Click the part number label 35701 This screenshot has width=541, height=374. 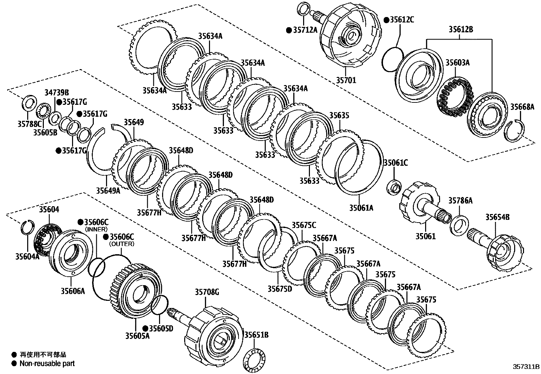(x=346, y=80)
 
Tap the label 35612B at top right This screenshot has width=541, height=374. (x=460, y=30)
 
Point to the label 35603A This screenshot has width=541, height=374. (x=457, y=63)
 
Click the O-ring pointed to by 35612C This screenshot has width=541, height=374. (x=392, y=60)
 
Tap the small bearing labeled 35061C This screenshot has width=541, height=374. (x=394, y=187)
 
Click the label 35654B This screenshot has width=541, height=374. (x=497, y=217)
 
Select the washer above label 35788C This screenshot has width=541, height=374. (x=29, y=102)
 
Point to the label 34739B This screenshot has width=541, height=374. (x=57, y=92)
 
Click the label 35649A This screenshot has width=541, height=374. (x=108, y=191)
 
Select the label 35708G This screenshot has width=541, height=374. (x=207, y=292)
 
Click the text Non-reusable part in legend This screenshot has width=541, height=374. (x=47, y=363)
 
